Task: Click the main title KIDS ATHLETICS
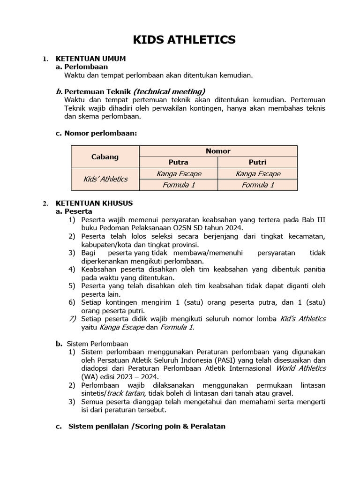184,40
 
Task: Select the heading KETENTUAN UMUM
90,59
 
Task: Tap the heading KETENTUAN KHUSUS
94,203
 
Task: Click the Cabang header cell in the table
105,157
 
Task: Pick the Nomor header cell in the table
218,151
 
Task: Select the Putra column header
178,162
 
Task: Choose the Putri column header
257,162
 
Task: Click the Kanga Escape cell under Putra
178,173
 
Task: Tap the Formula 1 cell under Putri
257,185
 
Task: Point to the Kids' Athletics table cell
105,179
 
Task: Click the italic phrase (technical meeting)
169,91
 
